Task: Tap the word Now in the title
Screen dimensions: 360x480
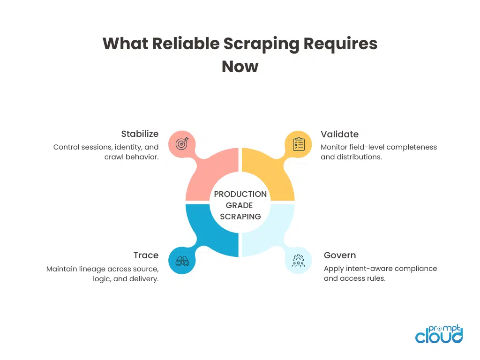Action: pyautogui.click(x=240, y=67)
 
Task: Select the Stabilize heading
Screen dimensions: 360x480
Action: pyautogui.click(x=140, y=134)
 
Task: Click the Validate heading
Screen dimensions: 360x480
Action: pyautogui.click(x=339, y=134)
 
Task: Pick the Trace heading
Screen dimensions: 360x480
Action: pyautogui.click(x=146, y=255)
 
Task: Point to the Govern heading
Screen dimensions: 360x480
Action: pyautogui.click(x=340, y=255)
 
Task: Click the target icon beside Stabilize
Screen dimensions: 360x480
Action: pyautogui.click(x=182, y=144)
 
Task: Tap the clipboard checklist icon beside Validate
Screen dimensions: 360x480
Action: pyautogui.click(x=298, y=144)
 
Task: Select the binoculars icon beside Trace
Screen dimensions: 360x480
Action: pyautogui.click(x=182, y=261)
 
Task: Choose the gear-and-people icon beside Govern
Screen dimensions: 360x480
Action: pyautogui.click(x=298, y=261)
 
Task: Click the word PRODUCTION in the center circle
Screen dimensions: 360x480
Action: pyautogui.click(x=240, y=194)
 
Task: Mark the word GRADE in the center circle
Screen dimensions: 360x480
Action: pyautogui.click(x=240, y=205)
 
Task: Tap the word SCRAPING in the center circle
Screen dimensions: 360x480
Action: pyautogui.click(x=240, y=217)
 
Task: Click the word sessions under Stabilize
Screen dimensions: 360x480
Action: pyautogui.click(x=95, y=147)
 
